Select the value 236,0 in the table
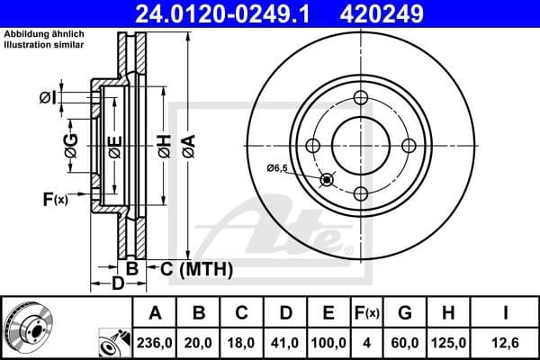click(x=155, y=343)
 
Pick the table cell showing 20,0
click(x=200, y=343)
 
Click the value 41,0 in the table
click(x=285, y=343)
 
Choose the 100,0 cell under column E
click(x=328, y=343)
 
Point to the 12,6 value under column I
click(x=505, y=343)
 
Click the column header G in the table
click(x=405, y=314)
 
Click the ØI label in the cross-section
click(x=48, y=96)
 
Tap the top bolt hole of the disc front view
click(x=361, y=98)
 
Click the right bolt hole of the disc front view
click(x=409, y=146)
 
